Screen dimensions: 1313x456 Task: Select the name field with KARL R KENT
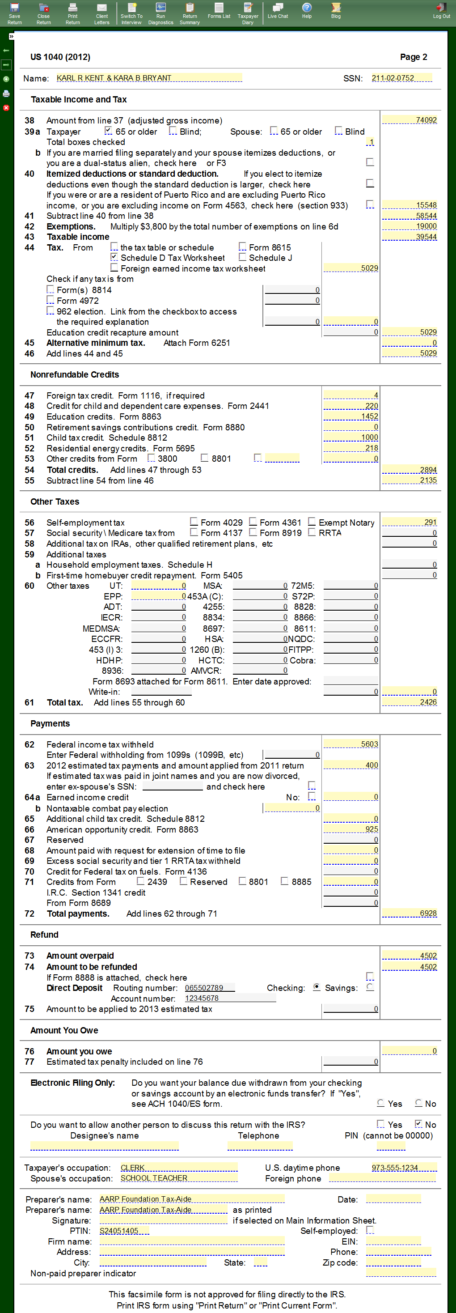[149, 78]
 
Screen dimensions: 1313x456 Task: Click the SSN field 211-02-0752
[401, 78]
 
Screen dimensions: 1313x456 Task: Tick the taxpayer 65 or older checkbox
[108, 131]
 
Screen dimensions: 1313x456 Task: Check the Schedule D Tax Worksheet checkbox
[114, 257]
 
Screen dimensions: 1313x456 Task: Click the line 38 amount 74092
[410, 120]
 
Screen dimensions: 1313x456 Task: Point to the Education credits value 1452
[351, 416]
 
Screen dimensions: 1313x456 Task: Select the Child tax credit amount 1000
[351, 438]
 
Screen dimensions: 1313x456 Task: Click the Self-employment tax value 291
[410, 522]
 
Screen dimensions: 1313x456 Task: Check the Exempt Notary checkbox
[311, 522]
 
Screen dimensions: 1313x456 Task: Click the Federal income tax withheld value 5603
[351, 744]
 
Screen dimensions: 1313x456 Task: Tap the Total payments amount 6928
[410, 913]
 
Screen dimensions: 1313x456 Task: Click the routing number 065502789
[209, 987]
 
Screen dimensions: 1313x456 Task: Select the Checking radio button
[317, 987]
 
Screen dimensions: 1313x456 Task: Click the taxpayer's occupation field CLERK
[178, 1167]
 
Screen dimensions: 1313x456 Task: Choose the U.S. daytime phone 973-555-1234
[404, 1167]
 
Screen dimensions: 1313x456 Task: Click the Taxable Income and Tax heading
[79, 99]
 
